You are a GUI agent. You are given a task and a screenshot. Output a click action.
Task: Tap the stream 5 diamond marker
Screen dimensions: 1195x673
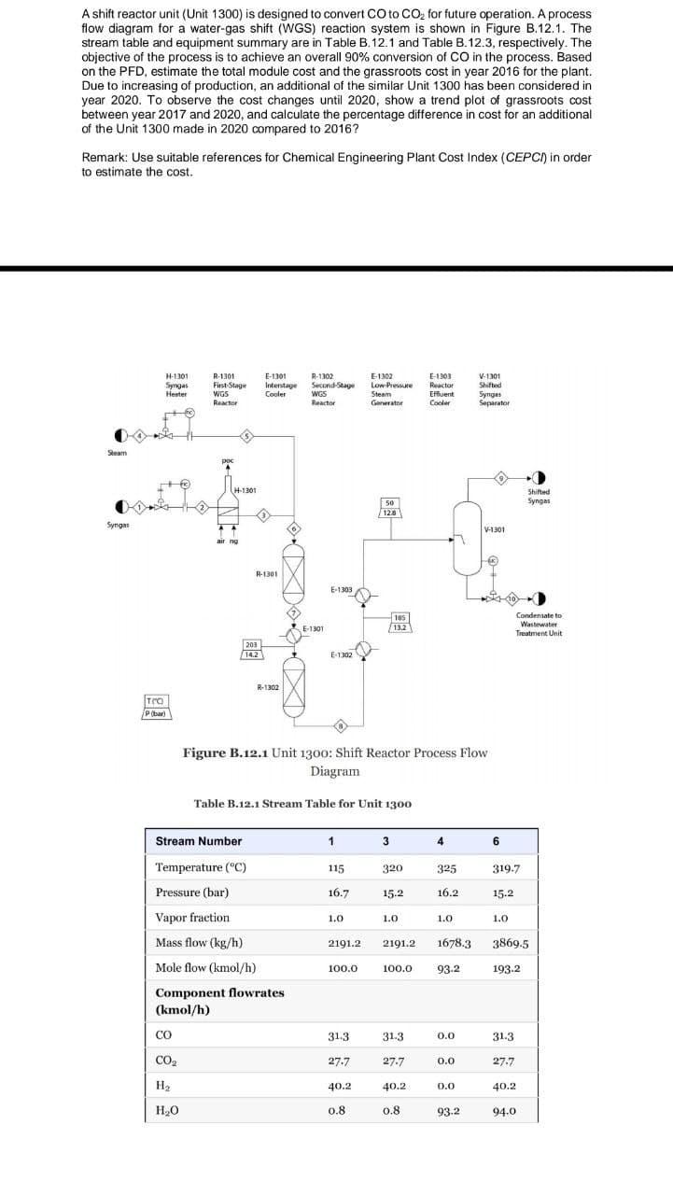(x=246, y=435)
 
